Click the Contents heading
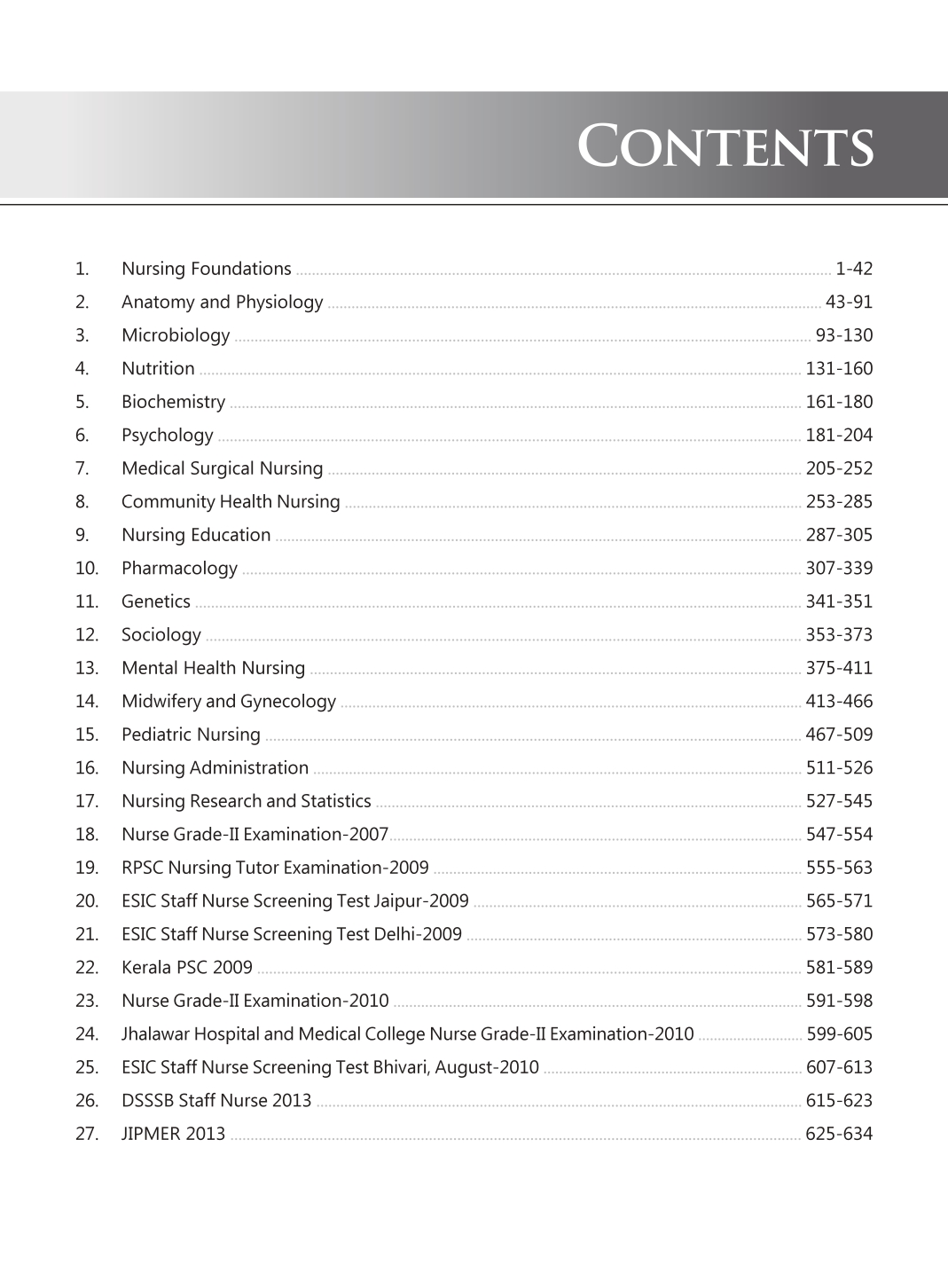[725, 146]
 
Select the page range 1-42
[854, 269]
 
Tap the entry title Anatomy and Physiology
[222, 303]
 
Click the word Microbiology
[176, 335]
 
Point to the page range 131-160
[839, 369]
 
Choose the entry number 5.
[82, 402]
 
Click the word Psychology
[168, 436]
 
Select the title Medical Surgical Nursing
[222, 468]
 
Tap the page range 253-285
[839, 502]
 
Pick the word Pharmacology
[179, 569]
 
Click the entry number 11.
[86, 601]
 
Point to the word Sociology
[161, 635]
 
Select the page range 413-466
[839, 702]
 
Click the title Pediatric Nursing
[191, 735]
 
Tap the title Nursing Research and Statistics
[247, 801]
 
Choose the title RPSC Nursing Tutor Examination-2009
[275, 868]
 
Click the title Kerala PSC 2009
[187, 968]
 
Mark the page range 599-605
[839, 1034]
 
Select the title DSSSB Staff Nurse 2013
[216, 1101]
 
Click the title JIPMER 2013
[173, 1134]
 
